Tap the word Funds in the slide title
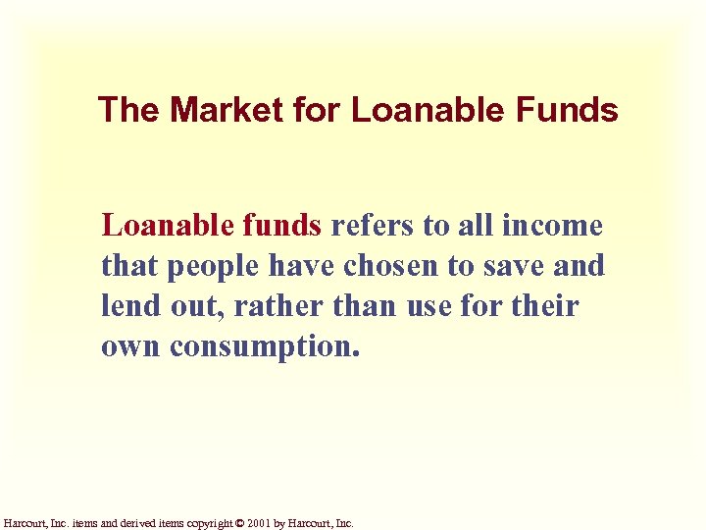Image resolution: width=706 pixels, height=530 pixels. click(x=568, y=110)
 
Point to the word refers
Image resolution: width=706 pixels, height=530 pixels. click(x=373, y=226)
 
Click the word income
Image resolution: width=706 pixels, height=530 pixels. click(x=551, y=226)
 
